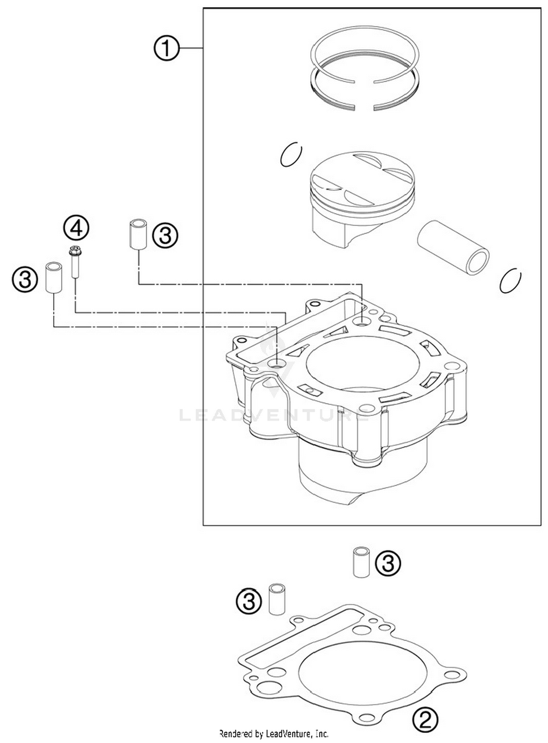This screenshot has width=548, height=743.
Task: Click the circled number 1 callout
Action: coord(166,48)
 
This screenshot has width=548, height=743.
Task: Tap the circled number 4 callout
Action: coord(76,228)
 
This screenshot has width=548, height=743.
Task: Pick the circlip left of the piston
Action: coord(291,154)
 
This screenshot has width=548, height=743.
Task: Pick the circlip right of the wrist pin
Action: coord(510,281)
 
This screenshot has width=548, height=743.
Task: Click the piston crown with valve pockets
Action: coord(362,179)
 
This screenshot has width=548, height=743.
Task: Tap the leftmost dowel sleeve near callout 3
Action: coord(53,277)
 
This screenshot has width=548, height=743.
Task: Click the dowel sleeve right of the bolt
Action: coord(138,234)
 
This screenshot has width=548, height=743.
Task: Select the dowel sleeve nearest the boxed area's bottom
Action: coord(361,563)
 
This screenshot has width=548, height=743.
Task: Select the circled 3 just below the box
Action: coord(388,563)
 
